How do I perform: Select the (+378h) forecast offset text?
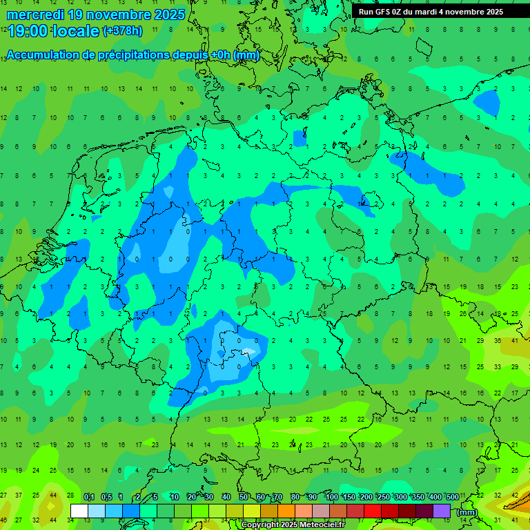pos(123,31)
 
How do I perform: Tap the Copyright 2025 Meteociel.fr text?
pos(293,525)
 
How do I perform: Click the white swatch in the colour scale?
pos(79,511)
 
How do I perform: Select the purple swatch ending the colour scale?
pos(442,511)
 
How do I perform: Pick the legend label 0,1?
pos(89,498)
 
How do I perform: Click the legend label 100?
pos(331,498)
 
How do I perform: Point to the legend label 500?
pos(452,498)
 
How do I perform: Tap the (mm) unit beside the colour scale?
pos(467,512)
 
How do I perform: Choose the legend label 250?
pos(383,498)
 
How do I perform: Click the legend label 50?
pos(244,498)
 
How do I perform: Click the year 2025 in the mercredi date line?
pos(166,14)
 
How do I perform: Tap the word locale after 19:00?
pos(77,31)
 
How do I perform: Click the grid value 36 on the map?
pos(498,340)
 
